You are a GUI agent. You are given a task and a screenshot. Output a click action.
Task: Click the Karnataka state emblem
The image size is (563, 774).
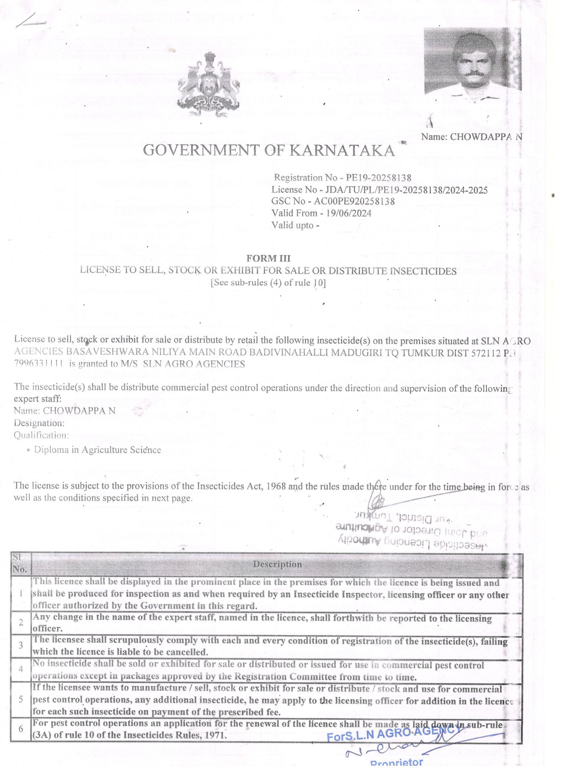tap(209, 84)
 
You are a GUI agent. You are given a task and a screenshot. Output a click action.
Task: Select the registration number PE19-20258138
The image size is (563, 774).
tap(379, 178)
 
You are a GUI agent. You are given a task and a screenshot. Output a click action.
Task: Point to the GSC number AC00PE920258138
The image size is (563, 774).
tap(354, 201)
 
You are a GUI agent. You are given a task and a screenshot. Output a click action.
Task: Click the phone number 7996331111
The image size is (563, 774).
tap(38, 364)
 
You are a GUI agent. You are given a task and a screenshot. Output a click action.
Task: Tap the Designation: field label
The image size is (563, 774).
tap(39, 423)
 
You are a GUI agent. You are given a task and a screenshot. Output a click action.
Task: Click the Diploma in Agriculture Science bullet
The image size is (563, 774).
tap(97, 450)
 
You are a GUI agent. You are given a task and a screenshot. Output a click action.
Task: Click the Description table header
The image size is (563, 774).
tap(277, 564)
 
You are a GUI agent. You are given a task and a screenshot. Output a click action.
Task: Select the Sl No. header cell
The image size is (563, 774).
tap(21, 563)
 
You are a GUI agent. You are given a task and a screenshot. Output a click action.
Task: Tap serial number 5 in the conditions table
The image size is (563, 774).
tap(21, 700)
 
